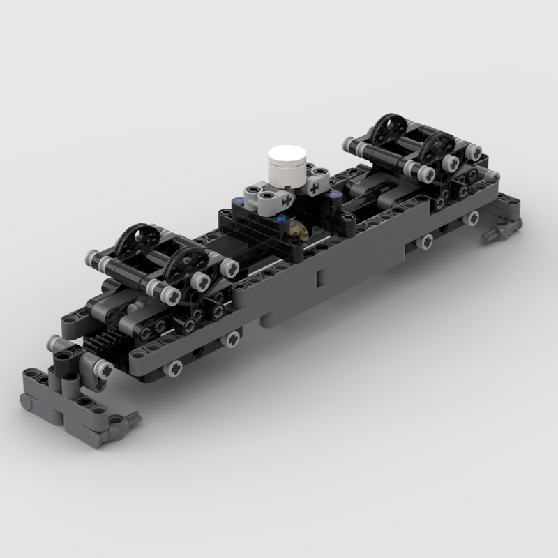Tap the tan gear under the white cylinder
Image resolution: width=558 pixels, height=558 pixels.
point(301,228)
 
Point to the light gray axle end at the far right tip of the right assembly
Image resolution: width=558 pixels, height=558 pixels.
point(475,151)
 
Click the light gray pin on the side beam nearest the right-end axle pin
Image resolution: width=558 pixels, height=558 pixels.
point(425,241)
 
